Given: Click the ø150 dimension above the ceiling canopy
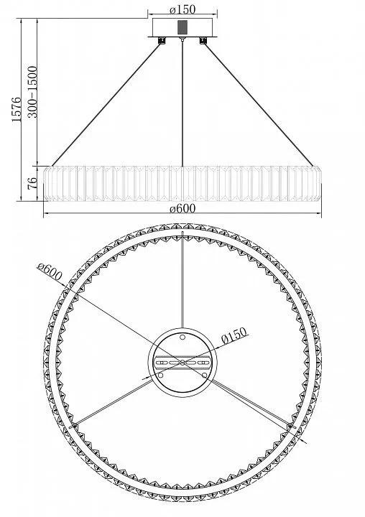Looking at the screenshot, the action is (182, 9).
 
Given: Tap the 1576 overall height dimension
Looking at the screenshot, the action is (17, 109).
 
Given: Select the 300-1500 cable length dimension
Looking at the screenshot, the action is (32, 92).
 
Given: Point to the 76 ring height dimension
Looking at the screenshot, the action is (32, 183).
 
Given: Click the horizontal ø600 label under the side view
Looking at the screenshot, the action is (182, 208).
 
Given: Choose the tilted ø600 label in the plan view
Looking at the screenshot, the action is (50, 271).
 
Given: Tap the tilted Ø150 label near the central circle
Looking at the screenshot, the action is (234, 335).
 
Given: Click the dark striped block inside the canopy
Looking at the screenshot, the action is (182, 27).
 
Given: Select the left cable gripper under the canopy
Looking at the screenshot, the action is (162, 40).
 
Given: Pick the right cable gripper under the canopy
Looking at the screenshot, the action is (203, 40).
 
